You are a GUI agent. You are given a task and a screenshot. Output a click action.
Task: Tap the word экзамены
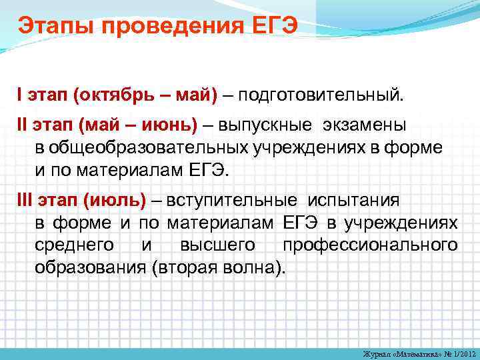(x=363, y=126)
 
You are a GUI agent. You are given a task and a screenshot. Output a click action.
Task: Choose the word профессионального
(x=370, y=245)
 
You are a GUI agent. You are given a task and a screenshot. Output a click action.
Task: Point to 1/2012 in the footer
(x=460, y=353)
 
